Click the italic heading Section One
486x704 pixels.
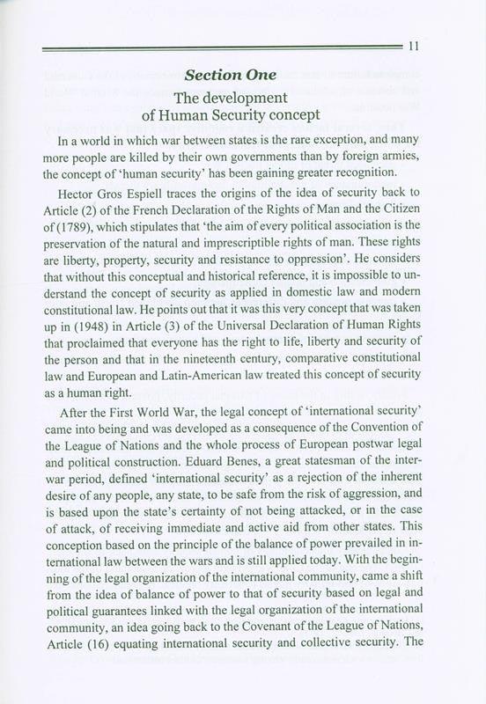(243, 71)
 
